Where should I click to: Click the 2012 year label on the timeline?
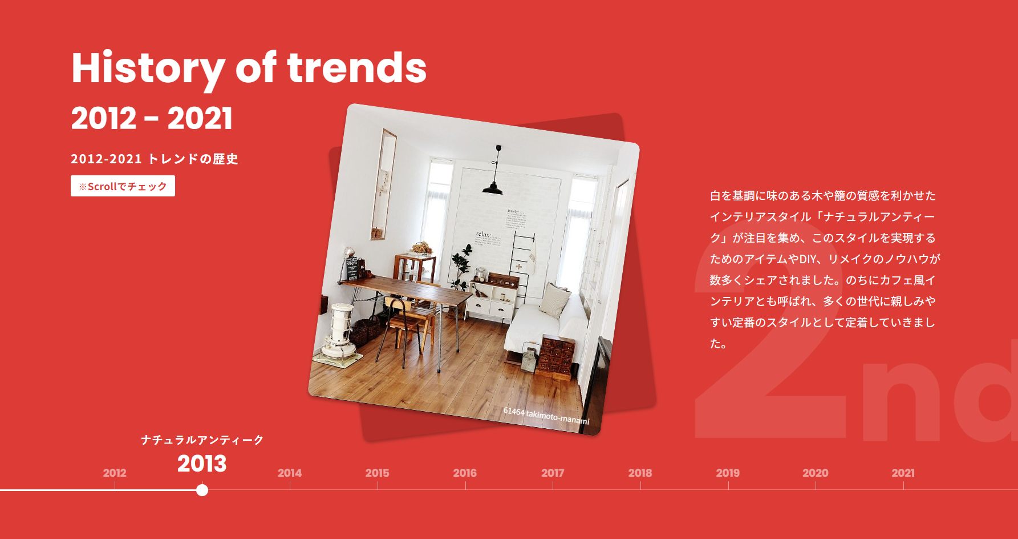[115, 473]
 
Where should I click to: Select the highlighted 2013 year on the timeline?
[202, 463]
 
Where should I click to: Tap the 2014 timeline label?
[290, 473]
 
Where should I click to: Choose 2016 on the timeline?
[465, 473]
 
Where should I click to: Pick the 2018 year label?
[640, 473]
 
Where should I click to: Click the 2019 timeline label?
[728, 473]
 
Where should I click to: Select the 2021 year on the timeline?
[903, 473]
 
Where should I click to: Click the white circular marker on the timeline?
[202, 490]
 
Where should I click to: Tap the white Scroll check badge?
[123, 186]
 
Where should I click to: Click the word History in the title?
[148, 69]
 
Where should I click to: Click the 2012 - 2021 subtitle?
[152, 118]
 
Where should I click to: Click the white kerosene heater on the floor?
[340, 333]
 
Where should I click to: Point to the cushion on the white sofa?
[554, 300]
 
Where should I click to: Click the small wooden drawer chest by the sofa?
[556, 356]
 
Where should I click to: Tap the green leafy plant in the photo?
[460, 266]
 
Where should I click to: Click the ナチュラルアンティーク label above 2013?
[202, 440]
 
